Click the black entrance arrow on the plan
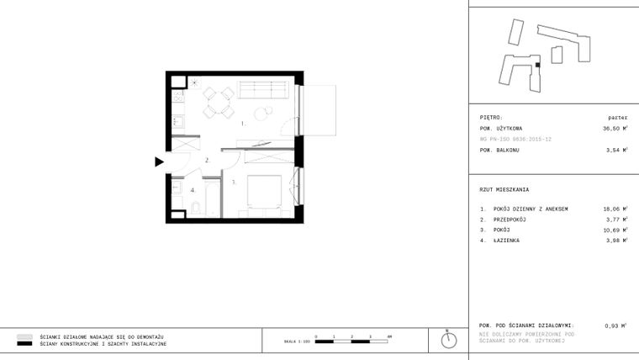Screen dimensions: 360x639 pyautogui.click(x=159, y=162)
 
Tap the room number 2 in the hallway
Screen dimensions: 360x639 pyautogui.click(x=207, y=160)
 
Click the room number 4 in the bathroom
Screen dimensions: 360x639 pyautogui.click(x=193, y=190)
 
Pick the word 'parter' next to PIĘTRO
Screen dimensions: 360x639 pyautogui.click(x=617, y=118)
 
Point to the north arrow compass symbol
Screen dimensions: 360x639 pyautogui.click(x=450, y=339)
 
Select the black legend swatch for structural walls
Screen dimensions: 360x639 pyautogui.click(x=24, y=344)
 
